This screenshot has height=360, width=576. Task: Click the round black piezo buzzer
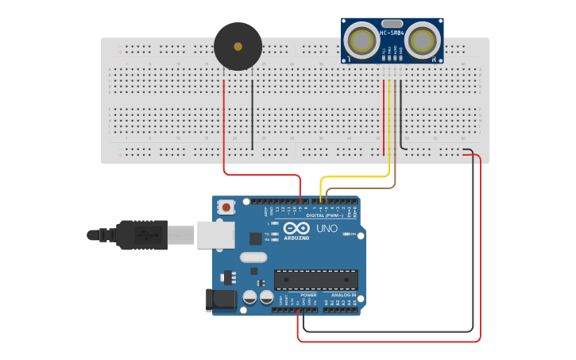click(238, 46)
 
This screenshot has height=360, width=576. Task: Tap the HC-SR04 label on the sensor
click(392, 33)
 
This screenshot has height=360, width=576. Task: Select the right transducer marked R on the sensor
click(424, 40)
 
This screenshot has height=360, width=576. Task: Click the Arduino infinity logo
click(296, 230)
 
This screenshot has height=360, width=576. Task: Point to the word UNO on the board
click(327, 229)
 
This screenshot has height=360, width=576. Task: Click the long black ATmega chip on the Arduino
click(315, 280)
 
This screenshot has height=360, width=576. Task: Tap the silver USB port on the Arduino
click(216, 234)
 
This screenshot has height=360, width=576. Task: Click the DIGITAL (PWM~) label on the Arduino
click(325, 215)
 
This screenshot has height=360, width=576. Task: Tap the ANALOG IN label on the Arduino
click(343, 295)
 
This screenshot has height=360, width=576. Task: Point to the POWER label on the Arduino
click(308, 295)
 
